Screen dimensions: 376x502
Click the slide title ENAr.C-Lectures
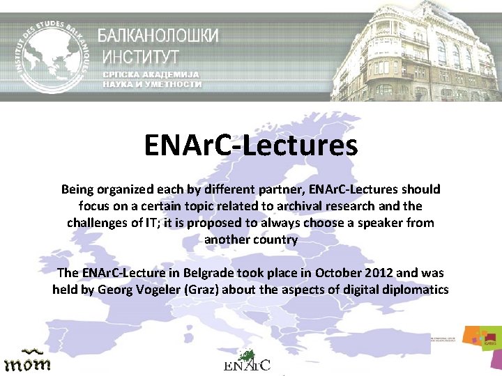click(250, 146)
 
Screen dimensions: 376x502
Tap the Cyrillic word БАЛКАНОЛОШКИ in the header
click(158, 36)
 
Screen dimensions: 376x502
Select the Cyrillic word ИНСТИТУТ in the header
click(142, 55)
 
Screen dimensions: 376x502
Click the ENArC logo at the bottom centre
click(248, 361)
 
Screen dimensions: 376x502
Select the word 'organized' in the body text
click(125, 189)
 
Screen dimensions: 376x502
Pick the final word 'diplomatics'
click(415, 290)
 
